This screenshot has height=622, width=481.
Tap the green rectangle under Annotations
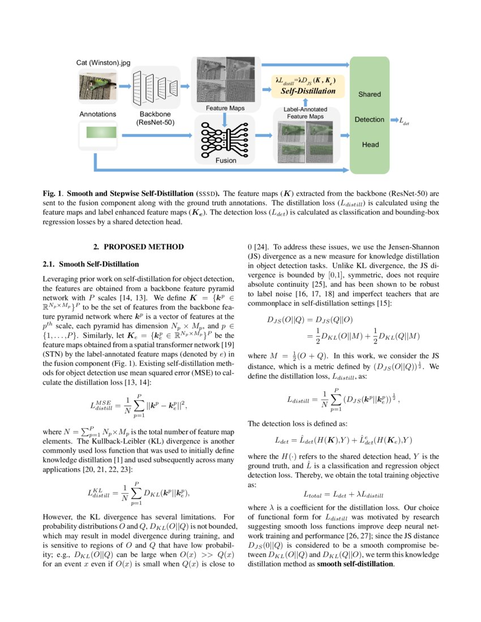point(101,133)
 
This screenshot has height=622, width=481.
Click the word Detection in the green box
point(370,120)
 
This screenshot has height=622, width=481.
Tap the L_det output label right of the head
point(404,120)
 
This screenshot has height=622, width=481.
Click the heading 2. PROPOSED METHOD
point(139,247)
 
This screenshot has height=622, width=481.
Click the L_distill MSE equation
point(139,390)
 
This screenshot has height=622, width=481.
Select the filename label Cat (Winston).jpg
point(103,63)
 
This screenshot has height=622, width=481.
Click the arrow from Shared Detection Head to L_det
point(394,120)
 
